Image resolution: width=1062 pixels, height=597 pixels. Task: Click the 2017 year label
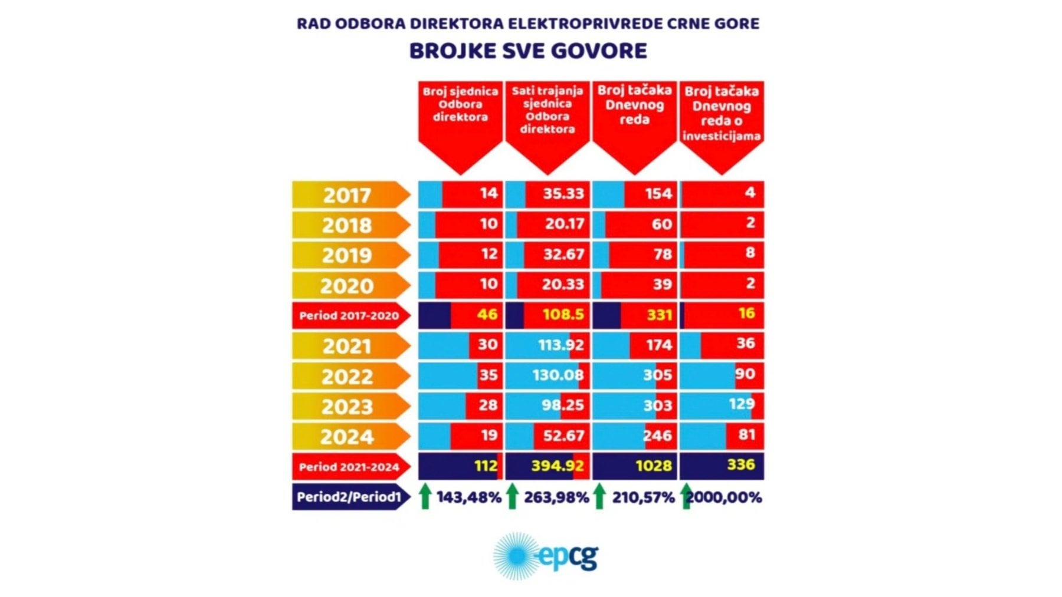[x=347, y=195]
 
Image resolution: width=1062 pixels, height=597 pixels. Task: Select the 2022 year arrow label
[x=347, y=376]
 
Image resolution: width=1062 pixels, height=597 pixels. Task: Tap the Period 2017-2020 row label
[x=349, y=315]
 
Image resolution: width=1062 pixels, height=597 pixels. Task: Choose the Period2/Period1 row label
[x=349, y=497]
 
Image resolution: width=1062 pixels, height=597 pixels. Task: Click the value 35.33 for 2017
[x=563, y=194]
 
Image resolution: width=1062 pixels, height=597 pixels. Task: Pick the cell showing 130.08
[x=558, y=375]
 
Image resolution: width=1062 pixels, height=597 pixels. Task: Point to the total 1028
[x=653, y=466]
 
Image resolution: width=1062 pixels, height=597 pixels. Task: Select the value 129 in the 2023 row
[x=741, y=404]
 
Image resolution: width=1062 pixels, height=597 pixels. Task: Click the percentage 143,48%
[x=468, y=497]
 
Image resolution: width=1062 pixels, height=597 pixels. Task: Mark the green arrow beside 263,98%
[x=512, y=496]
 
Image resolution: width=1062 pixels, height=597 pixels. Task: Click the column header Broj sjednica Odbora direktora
[x=460, y=105]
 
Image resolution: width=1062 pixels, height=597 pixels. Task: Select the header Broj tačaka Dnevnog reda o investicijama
[x=721, y=114]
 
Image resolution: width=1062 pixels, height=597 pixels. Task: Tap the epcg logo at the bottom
[x=545, y=556]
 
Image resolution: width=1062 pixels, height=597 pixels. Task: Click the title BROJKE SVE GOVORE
[x=528, y=51]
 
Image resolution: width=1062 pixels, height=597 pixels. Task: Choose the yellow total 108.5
[x=563, y=315]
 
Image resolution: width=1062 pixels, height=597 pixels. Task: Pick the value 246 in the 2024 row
[x=657, y=436]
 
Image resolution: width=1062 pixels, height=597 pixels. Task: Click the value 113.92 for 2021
[x=560, y=345]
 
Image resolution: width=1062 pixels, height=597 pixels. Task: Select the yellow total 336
[x=740, y=465]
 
